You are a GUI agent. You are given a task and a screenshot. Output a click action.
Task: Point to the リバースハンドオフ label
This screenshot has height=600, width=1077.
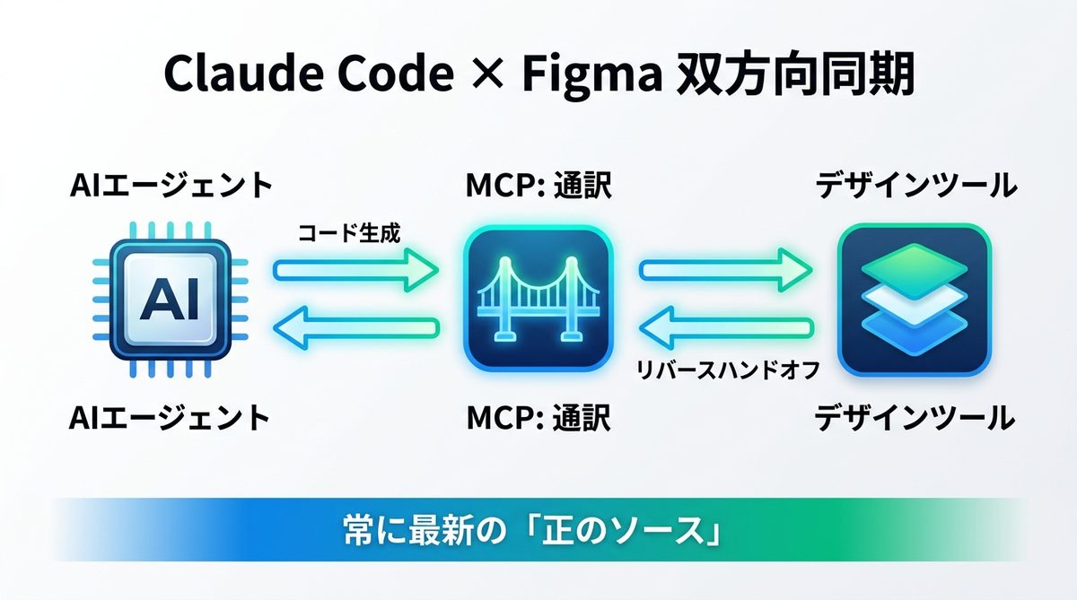727,370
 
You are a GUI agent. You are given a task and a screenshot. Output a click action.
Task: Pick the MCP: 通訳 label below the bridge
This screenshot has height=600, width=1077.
537,417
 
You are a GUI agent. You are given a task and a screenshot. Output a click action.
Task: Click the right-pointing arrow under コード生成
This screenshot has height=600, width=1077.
355,270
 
